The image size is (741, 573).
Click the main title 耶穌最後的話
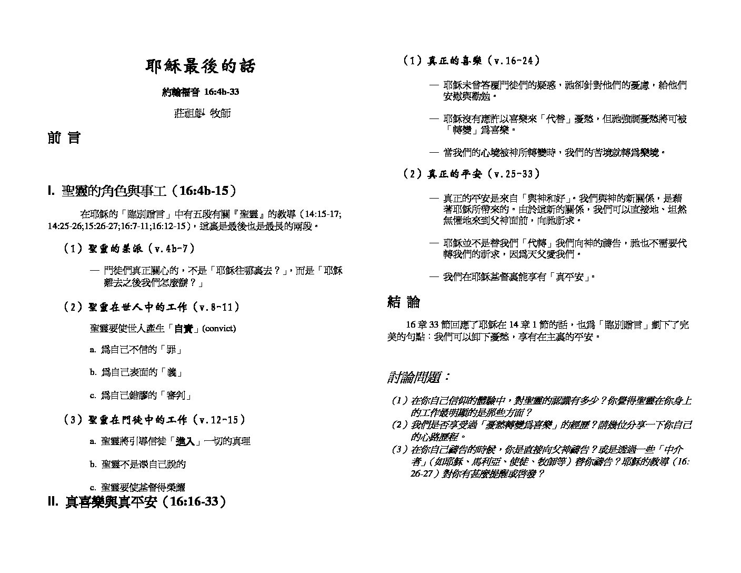tap(200, 66)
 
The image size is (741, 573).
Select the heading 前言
tap(64, 139)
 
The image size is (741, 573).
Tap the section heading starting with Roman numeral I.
tap(142, 191)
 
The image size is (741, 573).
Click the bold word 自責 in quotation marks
tap(183, 329)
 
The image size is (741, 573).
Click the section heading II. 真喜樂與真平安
tap(137, 502)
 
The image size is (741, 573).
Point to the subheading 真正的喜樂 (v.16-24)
tap(472, 61)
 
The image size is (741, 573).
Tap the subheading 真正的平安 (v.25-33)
tap(472, 174)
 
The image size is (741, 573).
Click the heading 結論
tap(404, 302)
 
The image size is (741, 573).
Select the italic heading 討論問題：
tap(419, 378)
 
